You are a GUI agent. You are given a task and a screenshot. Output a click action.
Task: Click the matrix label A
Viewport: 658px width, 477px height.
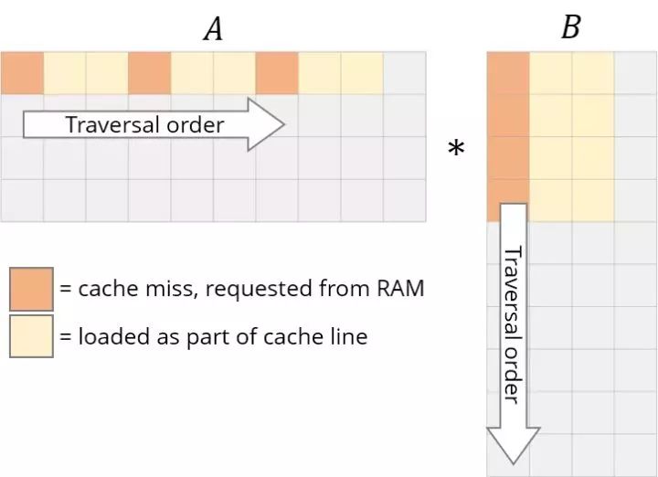pyautogui.click(x=213, y=29)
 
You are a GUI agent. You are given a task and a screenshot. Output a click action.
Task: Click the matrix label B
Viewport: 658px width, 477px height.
pyautogui.click(x=570, y=27)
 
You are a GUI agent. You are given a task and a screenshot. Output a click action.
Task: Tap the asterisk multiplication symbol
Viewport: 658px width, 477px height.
pyautogui.click(x=455, y=148)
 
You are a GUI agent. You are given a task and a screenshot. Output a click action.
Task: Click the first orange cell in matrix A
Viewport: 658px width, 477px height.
pyautogui.click(x=22, y=73)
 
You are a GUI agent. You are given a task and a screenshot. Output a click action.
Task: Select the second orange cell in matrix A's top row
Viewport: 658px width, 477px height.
pyautogui.click(x=149, y=73)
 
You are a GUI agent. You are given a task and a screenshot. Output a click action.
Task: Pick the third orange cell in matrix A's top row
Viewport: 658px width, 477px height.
pyautogui.click(x=277, y=73)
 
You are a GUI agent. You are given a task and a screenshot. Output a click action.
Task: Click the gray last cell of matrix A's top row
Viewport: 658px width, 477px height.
pyautogui.click(x=405, y=73)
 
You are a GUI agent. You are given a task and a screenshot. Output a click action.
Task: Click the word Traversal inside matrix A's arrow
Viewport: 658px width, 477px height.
pyautogui.click(x=109, y=124)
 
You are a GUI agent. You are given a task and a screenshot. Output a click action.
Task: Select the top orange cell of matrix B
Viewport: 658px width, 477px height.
pyautogui.click(x=507, y=72)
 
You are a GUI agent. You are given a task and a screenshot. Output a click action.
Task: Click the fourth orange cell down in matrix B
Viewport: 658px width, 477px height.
pyautogui.click(x=507, y=200)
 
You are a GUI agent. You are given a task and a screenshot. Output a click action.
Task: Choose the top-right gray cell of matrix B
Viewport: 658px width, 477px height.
pyautogui.click(x=635, y=72)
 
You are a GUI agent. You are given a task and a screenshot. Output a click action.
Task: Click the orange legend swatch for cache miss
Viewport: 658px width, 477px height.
pyautogui.click(x=31, y=289)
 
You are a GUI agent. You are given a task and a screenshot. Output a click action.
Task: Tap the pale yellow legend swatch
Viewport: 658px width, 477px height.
pyautogui.click(x=31, y=336)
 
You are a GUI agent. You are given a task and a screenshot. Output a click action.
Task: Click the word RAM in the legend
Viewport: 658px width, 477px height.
pyautogui.click(x=401, y=289)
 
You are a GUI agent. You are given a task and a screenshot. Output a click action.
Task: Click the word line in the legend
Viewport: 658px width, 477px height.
pyautogui.click(x=348, y=336)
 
